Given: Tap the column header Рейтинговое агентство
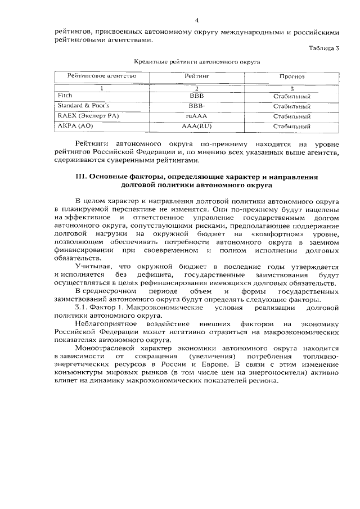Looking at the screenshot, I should click(x=102, y=75).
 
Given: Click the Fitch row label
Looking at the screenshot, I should click(x=65, y=96).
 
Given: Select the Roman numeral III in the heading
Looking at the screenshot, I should click(x=82, y=176).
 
